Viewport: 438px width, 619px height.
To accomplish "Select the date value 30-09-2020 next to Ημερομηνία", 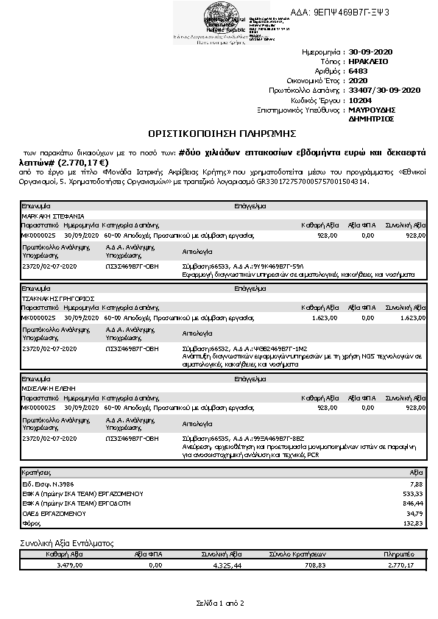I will [x=372, y=53].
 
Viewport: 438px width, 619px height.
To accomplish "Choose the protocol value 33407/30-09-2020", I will [x=384, y=90].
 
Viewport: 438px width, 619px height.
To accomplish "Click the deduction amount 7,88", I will [x=418, y=484].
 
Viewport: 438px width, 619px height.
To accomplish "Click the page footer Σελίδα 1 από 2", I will [x=219, y=603].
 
